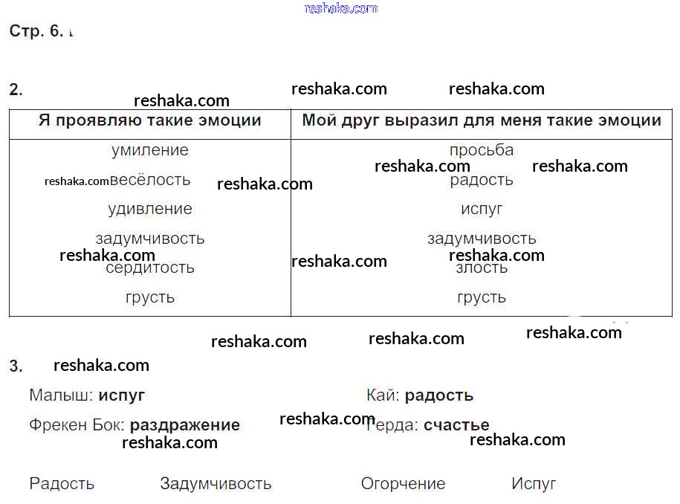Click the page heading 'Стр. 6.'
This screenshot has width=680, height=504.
tap(36, 31)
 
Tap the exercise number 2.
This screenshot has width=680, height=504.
tap(16, 90)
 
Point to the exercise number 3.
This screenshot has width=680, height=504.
tap(16, 366)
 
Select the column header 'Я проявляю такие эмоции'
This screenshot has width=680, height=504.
tap(149, 120)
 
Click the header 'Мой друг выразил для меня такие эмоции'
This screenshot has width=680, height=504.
tap(482, 120)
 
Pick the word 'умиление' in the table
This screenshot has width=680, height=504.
tap(149, 150)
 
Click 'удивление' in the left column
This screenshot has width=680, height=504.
tap(149, 209)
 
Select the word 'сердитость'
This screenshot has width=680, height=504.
tap(149, 268)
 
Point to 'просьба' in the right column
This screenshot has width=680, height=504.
tap(482, 150)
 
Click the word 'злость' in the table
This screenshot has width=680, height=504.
tap(482, 268)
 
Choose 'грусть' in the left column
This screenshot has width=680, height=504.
tap(149, 297)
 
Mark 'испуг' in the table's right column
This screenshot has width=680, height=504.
tap(482, 209)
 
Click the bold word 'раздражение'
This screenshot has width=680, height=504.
tap(184, 425)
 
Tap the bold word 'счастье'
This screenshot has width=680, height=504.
tap(456, 425)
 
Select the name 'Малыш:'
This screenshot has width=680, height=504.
tap(61, 395)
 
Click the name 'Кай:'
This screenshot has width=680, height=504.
tap(383, 395)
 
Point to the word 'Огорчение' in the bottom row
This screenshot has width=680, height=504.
tap(403, 484)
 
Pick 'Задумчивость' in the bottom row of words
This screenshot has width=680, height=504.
tap(216, 484)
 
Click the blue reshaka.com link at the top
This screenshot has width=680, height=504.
tap(341, 8)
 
